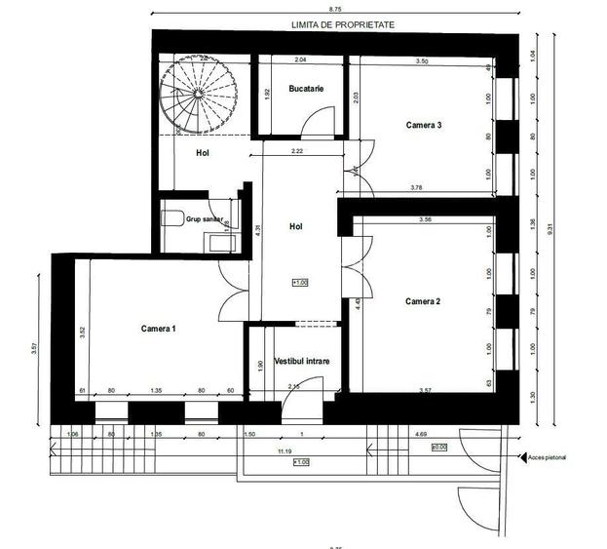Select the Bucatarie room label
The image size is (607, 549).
point(306,90)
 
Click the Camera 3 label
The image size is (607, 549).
point(424,125)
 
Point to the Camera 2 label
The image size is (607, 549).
point(423,301)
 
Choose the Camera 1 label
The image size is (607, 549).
point(158,329)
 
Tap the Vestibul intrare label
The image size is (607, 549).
point(302,361)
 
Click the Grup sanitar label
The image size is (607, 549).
point(205,220)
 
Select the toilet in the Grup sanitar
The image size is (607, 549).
point(173,217)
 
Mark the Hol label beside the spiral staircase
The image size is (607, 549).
point(203,153)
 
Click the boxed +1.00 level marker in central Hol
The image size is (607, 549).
point(299,283)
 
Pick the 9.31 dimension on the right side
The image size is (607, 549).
point(550,231)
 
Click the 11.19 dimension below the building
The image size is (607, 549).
point(285,452)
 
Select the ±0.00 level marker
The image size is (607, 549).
point(438,448)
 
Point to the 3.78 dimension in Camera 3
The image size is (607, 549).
point(418,187)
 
